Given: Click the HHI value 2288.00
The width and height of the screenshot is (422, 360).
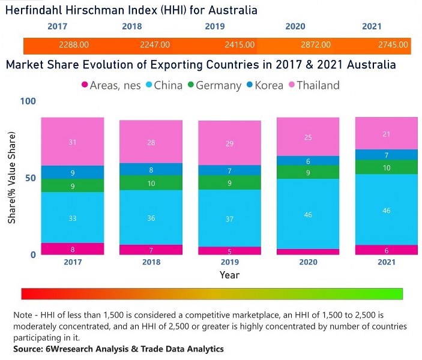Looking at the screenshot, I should coord(74,45).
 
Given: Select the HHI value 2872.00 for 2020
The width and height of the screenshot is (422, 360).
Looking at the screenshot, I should coord(315,45).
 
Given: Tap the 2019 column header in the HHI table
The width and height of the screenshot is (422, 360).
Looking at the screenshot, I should coord(215,27).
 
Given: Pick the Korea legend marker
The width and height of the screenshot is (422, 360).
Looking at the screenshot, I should coord(249,85).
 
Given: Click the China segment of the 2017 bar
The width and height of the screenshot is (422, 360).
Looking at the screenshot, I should coord(73,218).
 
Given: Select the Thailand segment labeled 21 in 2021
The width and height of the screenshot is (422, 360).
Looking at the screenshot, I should coord(386,134).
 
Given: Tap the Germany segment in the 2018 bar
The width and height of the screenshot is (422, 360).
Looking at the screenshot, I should coord(151,183).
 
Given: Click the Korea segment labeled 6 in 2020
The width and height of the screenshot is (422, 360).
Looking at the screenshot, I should coord(307,161).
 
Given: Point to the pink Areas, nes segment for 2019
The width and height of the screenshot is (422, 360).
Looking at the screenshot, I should coord(230,251).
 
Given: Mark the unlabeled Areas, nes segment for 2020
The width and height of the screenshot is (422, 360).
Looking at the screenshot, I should coord(307,252).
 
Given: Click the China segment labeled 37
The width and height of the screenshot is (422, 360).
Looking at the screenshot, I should coord(230,218).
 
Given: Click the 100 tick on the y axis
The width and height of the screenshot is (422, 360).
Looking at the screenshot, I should coord(28,101).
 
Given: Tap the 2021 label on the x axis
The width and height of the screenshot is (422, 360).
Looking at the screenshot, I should coord(386,263).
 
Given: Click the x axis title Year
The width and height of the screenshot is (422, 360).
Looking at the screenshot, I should coord(229,275).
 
